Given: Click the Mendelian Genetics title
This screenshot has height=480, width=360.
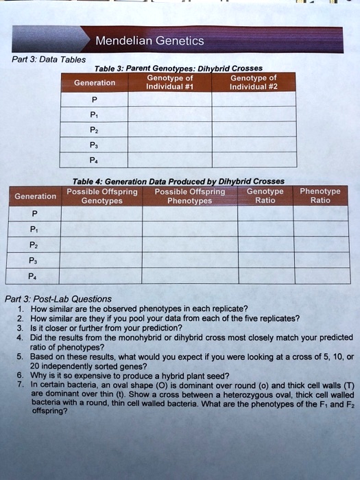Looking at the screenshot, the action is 149,41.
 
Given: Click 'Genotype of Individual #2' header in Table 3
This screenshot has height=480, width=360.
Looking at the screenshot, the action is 253,82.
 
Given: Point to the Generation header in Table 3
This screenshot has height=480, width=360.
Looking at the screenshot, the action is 95,82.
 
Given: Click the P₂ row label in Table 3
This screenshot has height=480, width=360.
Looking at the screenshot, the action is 95,130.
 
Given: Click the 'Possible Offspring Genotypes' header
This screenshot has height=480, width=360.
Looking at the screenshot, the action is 101,196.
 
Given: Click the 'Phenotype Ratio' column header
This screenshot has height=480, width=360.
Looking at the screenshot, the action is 320,196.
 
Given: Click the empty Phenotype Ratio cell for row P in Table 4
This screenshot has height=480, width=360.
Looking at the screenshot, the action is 320,213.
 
